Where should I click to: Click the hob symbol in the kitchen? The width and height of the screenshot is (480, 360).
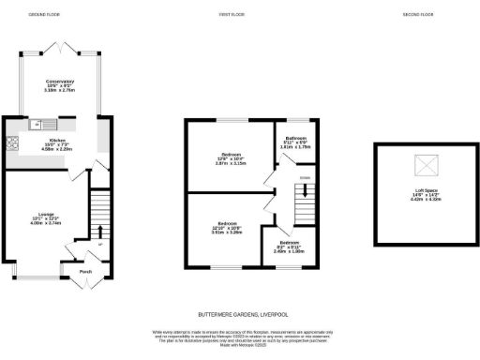tap(12, 143)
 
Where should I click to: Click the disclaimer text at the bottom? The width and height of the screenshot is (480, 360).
tap(239, 338)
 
